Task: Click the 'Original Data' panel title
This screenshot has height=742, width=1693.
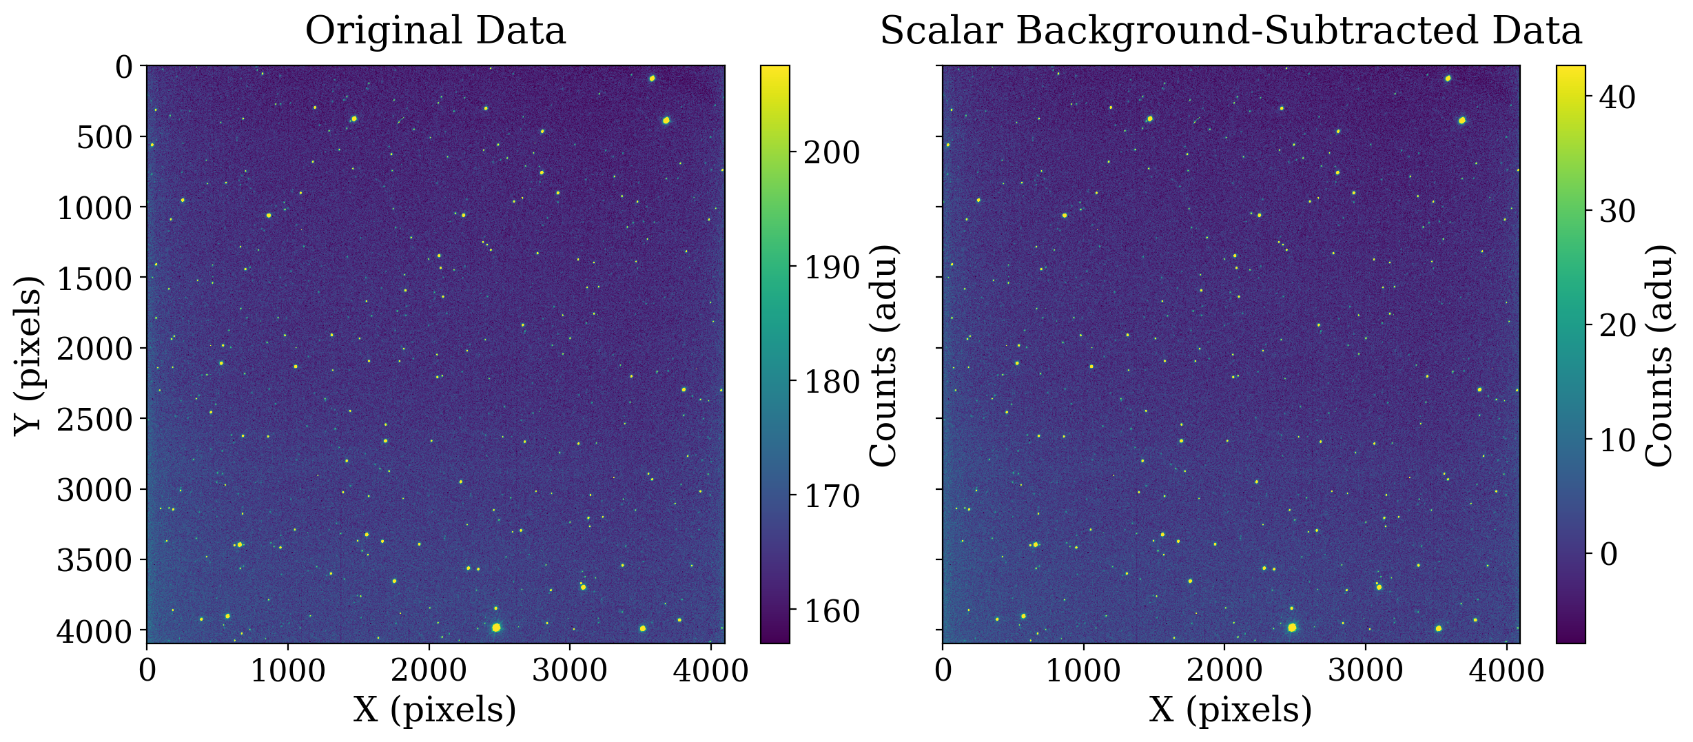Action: tap(435, 32)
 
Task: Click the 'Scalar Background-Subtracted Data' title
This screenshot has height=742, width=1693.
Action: tap(1231, 32)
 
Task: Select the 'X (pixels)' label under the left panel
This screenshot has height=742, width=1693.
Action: tap(435, 710)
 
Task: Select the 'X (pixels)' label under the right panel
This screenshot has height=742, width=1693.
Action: tap(1230, 710)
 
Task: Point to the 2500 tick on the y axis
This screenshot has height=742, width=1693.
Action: tap(96, 419)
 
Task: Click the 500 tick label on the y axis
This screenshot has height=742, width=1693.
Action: tap(105, 137)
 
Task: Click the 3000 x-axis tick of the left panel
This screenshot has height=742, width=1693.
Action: tap(570, 670)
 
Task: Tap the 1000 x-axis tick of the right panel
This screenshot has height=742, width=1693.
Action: tap(1083, 670)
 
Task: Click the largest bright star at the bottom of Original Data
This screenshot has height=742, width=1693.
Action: tap(496, 627)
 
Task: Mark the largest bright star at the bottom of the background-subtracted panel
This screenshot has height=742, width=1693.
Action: tap(1292, 627)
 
